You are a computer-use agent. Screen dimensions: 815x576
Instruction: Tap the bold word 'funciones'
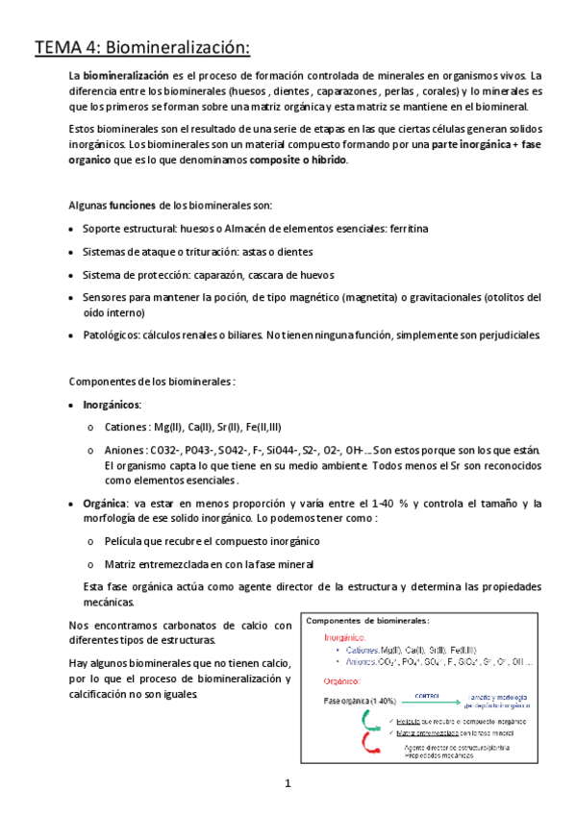click(x=132, y=206)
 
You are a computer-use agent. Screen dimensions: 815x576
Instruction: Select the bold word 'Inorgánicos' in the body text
click(x=113, y=404)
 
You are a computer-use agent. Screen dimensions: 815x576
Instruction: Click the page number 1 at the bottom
click(x=288, y=784)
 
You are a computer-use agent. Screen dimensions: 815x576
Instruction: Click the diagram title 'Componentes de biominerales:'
click(x=366, y=621)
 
